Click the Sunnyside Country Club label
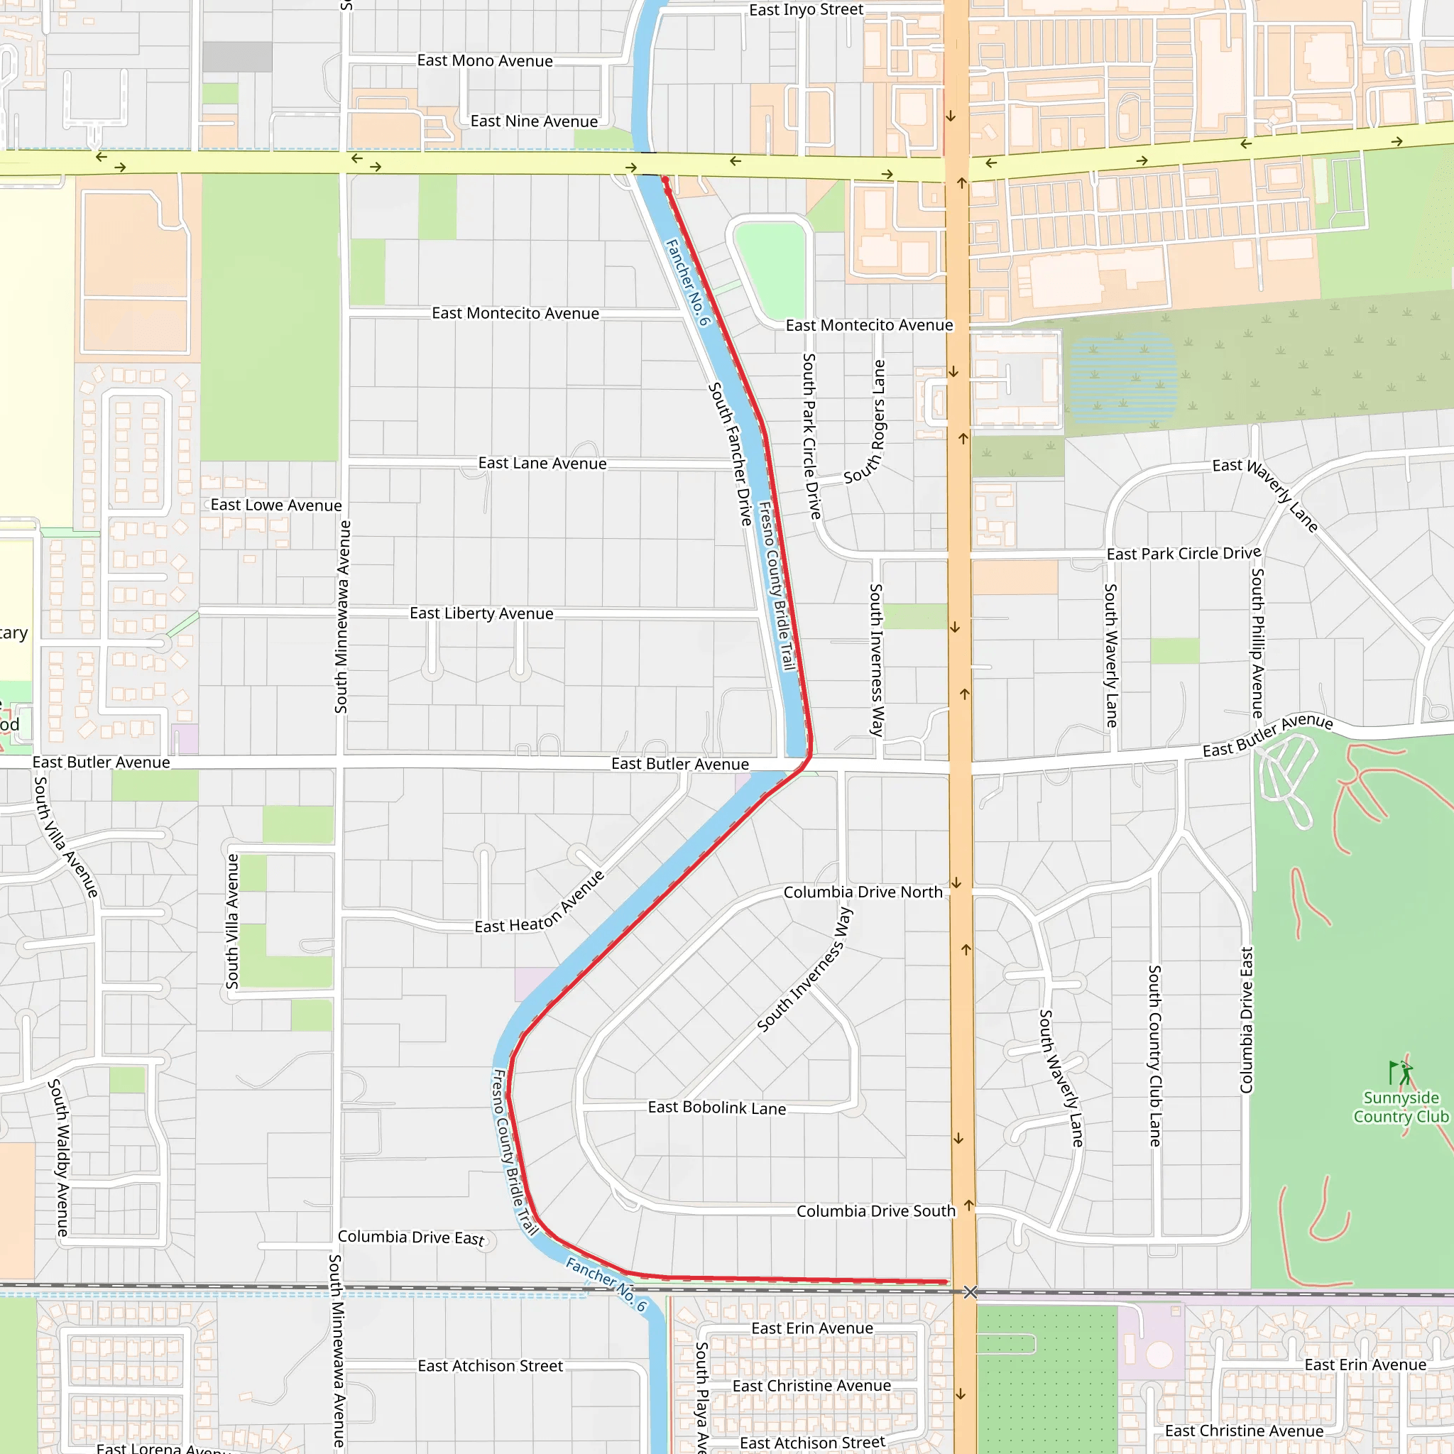pyautogui.click(x=1401, y=1107)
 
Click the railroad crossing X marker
pyautogui.click(x=970, y=1292)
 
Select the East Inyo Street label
pyautogui.click(x=806, y=10)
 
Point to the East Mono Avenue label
pyautogui.click(x=485, y=61)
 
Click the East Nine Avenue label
pyautogui.click(x=534, y=121)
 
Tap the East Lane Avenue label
pyautogui.click(x=542, y=464)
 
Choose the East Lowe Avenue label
pyautogui.click(x=275, y=505)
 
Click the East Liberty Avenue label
pyautogui.click(x=481, y=613)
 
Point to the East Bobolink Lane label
pyautogui.click(x=716, y=1108)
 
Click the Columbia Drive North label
pyautogui.click(x=863, y=892)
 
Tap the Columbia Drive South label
pyautogui.click(x=875, y=1212)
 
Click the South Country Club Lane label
pyautogui.click(x=1154, y=1056)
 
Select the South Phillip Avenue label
pyautogui.click(x=1257, y=643)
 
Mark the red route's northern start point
pyautogui.click(x=665, y=180)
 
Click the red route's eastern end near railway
pyautogui.click(x=945, y=1281)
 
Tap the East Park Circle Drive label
pyautogui.click(x=1183, y=554)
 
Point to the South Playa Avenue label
pyautogui.click(x=701, y=1396)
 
